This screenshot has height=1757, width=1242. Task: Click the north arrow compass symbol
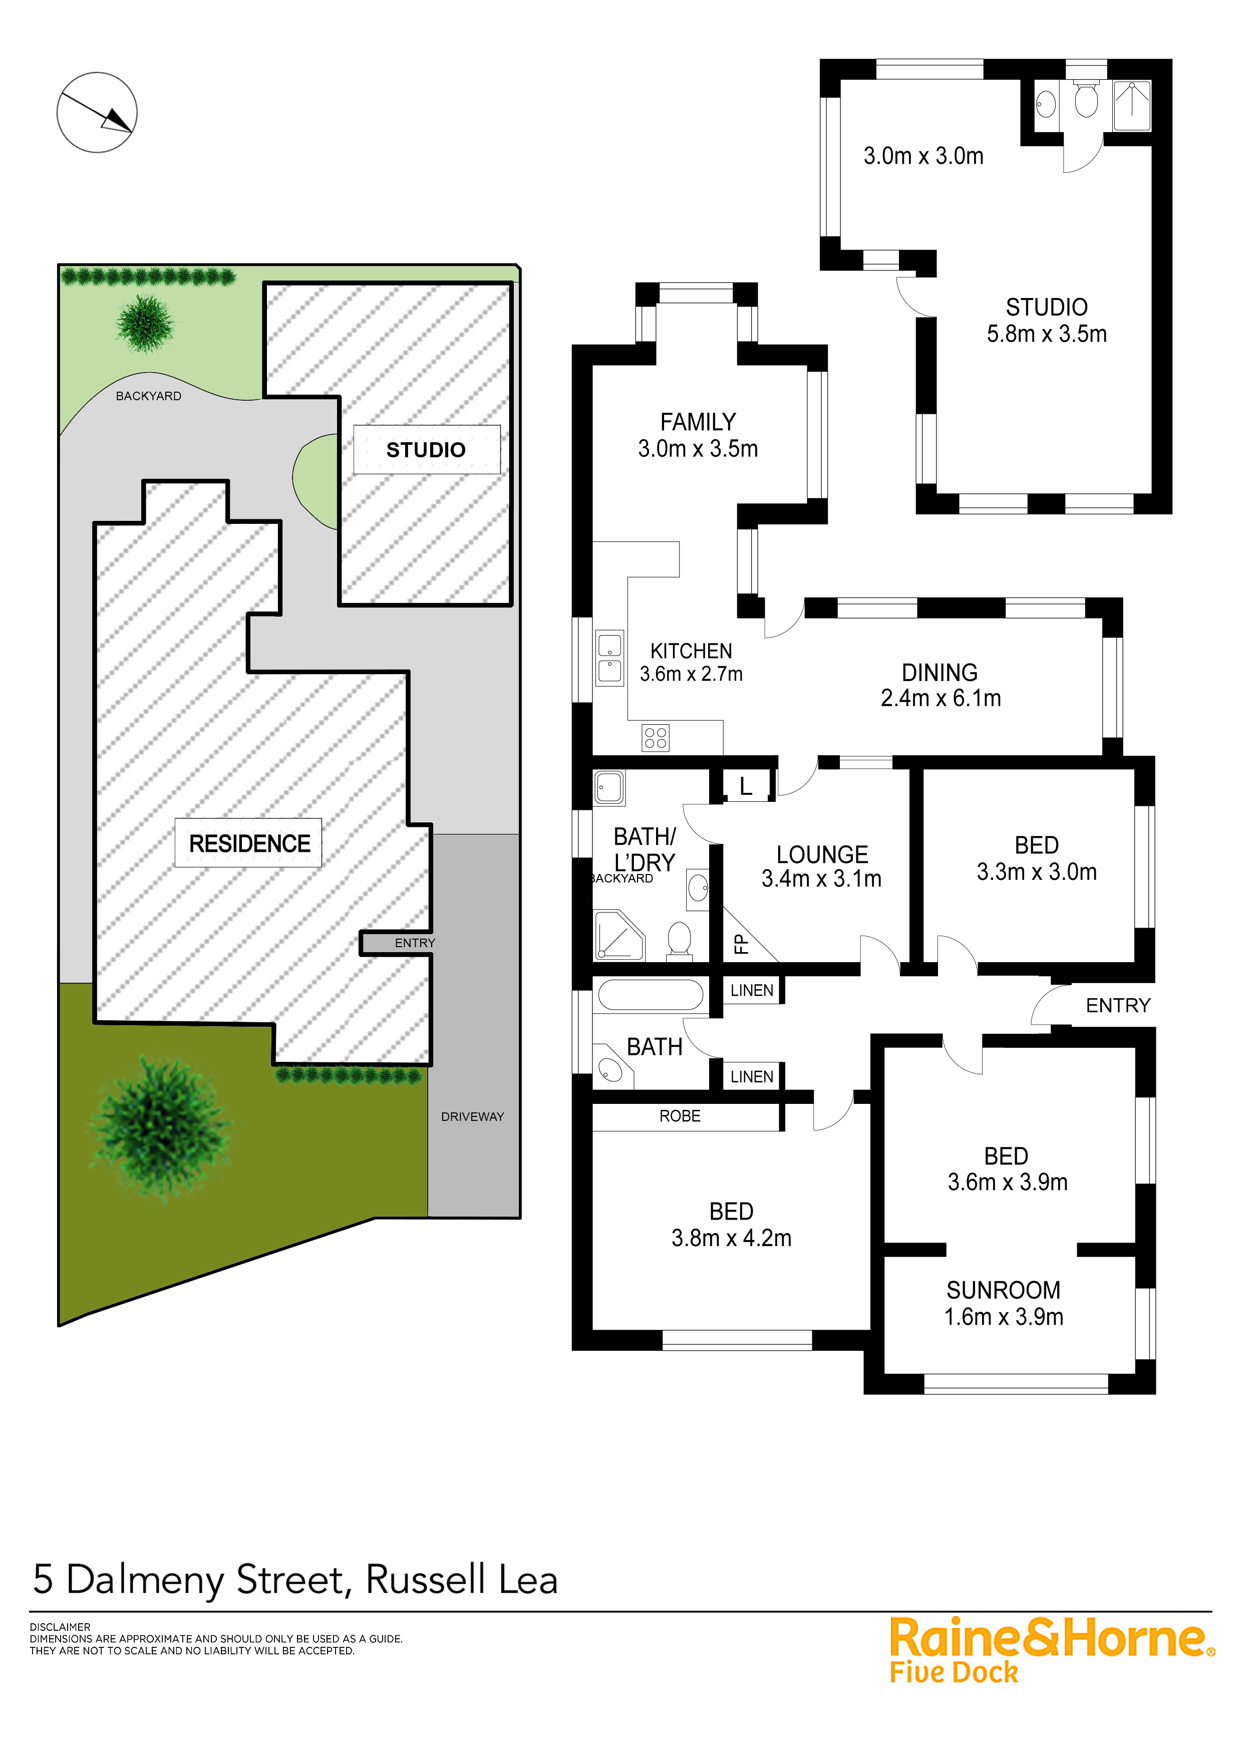click(x=97, y=113)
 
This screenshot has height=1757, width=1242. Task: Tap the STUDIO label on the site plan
click(x=426, y=450)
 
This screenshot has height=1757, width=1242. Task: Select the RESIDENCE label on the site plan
click(x=249, y=843)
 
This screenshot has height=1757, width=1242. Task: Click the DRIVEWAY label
click(x=472, y=1116)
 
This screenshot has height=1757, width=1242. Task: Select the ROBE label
click(x=680, y=1116)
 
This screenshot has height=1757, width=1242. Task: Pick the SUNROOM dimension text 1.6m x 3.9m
click(x=1003, y=1316)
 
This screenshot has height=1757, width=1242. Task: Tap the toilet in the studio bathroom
click(x=1086, y=100)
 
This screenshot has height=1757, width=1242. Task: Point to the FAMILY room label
click(x=698, y=422)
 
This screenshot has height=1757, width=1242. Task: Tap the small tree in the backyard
click(x=145, y=323)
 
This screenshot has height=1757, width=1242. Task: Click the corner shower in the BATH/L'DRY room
click(x=618, y=935)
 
